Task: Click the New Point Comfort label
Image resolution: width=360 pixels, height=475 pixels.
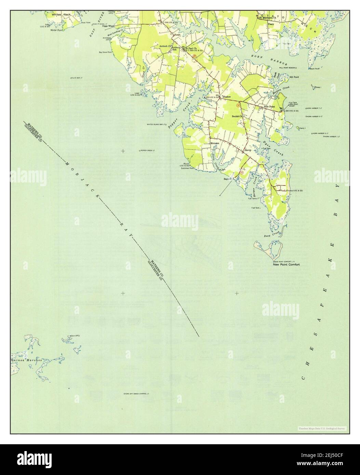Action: click(286, 264)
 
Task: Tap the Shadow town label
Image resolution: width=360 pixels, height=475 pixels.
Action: click(227, 97)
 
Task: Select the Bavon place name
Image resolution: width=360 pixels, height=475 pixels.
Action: click(248, 150)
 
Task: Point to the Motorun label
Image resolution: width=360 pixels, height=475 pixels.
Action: click(214, 143)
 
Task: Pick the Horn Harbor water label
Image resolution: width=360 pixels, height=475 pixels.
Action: click(269, 60)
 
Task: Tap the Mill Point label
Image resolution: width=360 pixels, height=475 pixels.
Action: click(294, 77)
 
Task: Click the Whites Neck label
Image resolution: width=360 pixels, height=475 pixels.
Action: click(62, 15)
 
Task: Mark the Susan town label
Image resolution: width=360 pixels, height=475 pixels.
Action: click(177, 35)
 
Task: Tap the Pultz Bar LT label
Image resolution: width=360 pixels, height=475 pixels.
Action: click(77, 78)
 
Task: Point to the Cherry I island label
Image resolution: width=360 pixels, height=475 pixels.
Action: click(302, 128)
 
